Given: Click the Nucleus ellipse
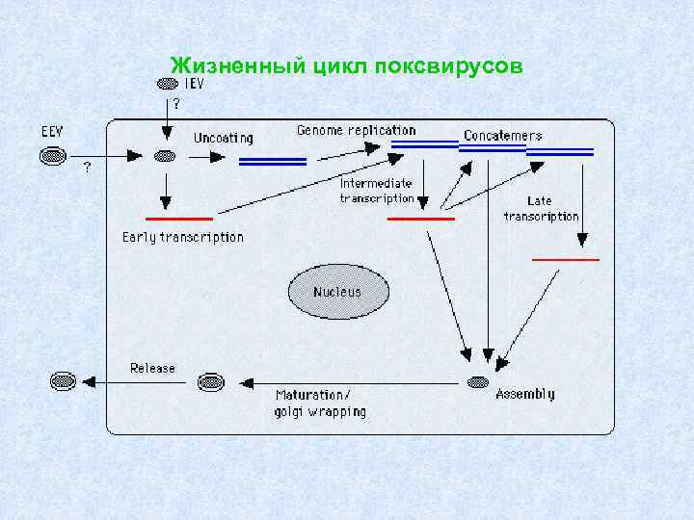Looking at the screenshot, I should click(337, 292).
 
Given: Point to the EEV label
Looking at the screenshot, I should click(54, 129).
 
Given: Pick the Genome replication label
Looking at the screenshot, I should click(356, 130).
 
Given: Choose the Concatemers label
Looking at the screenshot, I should click(502, 136).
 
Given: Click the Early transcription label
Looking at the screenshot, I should click(183, 237).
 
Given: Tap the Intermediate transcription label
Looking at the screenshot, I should click(376, 191).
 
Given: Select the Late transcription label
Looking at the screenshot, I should click(541, 209).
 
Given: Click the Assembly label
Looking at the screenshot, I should click(524, 393).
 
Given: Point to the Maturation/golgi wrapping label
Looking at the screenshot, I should click(321, 403).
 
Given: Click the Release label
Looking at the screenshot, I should click(153, 368).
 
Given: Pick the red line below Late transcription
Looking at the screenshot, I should click(566, 259).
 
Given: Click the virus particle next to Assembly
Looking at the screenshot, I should click(476, 383).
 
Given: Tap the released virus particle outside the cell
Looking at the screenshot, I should click(62, 382).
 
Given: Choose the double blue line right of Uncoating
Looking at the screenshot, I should click(272, 161).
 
